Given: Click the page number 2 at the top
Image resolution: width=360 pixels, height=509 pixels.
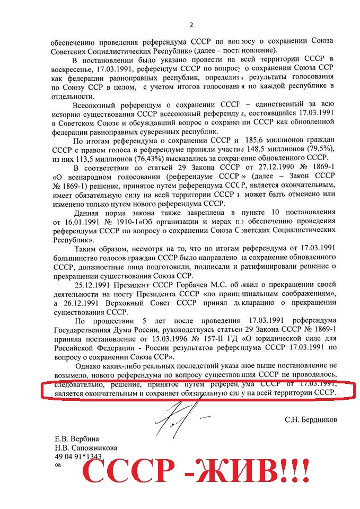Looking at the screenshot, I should [191, 25].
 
